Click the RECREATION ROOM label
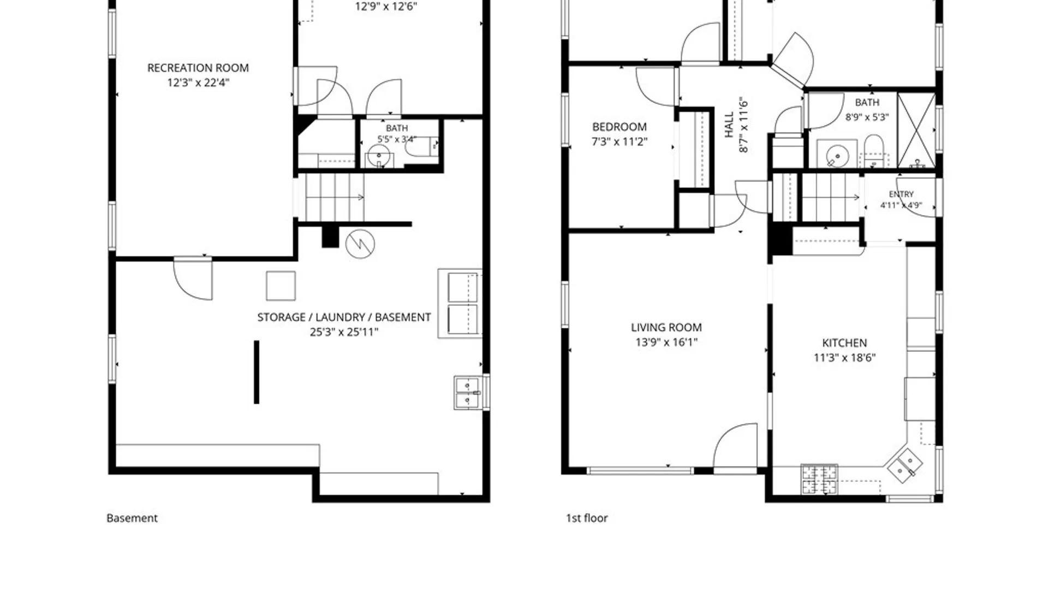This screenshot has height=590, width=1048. tap(198, 68)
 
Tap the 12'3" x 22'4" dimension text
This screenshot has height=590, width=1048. tap(198, 82)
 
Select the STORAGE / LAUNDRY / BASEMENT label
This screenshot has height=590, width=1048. tap(344, 317)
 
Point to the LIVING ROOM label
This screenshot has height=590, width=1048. tap(666, 327)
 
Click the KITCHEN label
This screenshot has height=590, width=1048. tap(844, 343)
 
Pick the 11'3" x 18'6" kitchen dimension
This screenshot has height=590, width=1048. tap(844, 357)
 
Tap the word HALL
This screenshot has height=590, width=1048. tap(729, 125)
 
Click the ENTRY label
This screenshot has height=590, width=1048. tap(901, 194)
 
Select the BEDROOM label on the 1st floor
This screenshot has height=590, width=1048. tap(620, 127)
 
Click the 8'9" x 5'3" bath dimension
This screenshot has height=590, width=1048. tap(867, 117)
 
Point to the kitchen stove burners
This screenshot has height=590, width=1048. tap(819, 479)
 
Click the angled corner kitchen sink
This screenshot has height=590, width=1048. tap(904, 465)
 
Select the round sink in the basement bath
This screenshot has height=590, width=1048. tap(378, 156)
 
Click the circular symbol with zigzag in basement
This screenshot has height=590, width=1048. tap(360, 244)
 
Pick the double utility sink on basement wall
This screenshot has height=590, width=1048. tap(468, 392)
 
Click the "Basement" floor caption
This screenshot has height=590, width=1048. tap(132, 518)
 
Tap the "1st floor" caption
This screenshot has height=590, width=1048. tap(587, 518)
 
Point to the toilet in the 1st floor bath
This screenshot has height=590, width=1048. tap(874, 150)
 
